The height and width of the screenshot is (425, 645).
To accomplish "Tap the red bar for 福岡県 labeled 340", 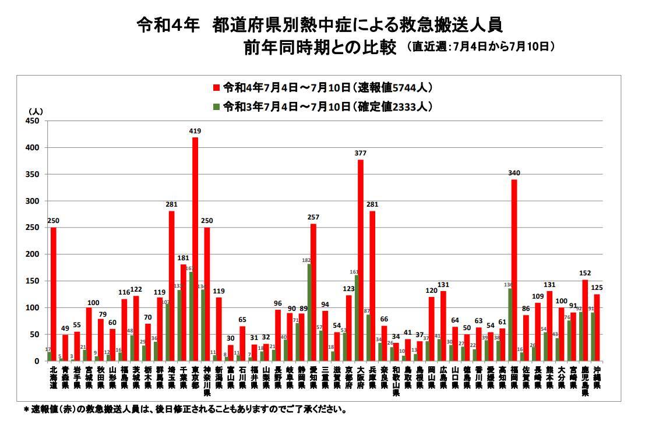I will [514, 270].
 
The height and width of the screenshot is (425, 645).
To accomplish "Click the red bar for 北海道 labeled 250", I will [54, 294].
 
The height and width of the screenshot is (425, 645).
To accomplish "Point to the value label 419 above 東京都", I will [195, 131].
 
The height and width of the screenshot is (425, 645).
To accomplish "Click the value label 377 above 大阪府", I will [361, 153].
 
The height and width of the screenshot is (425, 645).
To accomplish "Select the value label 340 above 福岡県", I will [514, 173].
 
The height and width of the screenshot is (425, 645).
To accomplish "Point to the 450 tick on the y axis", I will [31, 121].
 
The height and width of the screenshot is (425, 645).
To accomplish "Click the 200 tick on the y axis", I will [31, 254].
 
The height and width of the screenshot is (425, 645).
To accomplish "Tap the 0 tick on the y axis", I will [37, 361].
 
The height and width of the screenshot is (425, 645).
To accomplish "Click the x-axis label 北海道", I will [53, 377].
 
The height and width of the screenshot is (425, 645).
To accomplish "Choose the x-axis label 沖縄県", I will [597, 377].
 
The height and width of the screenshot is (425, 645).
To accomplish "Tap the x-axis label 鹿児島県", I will [585, 381].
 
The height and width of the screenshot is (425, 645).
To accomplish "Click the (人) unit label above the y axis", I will [36, 110].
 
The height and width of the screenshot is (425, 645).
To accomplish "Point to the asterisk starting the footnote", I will [26, 409].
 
